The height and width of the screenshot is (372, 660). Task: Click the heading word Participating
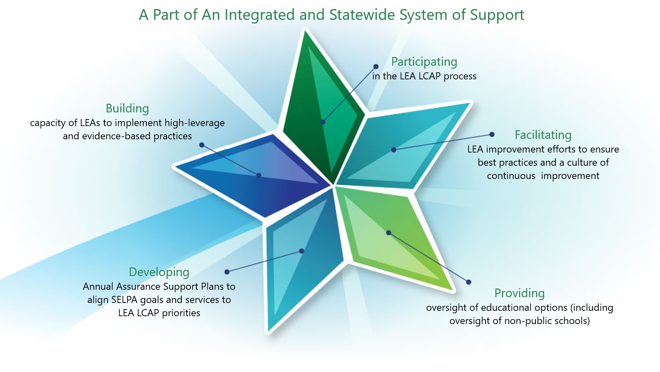tap(424, 62)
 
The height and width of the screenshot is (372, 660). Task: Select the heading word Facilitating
tap(543, 135)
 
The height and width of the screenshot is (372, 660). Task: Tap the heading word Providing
tap(519, 293)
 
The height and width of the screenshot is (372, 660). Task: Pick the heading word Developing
tap(159, 272)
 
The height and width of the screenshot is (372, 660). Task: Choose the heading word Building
tap(127, 108)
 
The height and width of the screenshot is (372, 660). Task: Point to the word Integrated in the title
tap(259, 15)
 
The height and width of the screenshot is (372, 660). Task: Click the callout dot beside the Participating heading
tap(376, 67)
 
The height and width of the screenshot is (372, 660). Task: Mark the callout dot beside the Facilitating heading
tap(492, 134)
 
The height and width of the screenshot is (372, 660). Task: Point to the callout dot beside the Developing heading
tap(227, 272)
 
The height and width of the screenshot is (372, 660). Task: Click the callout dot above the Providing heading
tap(469, 282)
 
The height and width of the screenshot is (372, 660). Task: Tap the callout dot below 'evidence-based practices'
tap(202, 145)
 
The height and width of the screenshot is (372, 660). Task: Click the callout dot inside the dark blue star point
tap(259, 175)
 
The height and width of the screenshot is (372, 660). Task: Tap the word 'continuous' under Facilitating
tap(511, 176)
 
